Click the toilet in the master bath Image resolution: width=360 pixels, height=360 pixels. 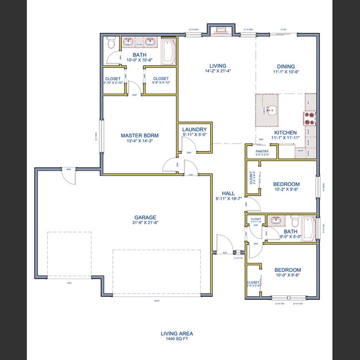[x=111, y=43]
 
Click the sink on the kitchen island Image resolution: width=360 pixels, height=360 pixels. [x=271, y=110]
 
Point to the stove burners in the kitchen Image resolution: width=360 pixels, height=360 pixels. [x=308, y=118]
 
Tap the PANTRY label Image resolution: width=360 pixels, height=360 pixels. [x=262, y=151]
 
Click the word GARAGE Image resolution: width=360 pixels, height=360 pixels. [x=145, y=217]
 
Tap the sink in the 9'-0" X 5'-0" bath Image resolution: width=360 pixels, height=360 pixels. [x=275, y=220]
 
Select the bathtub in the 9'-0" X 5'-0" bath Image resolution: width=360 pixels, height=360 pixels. [x=309, y=229]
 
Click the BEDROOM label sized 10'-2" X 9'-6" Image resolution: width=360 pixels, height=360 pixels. [x=286, y=184]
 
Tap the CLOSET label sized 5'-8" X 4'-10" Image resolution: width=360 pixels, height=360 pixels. [x=161, y=79]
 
